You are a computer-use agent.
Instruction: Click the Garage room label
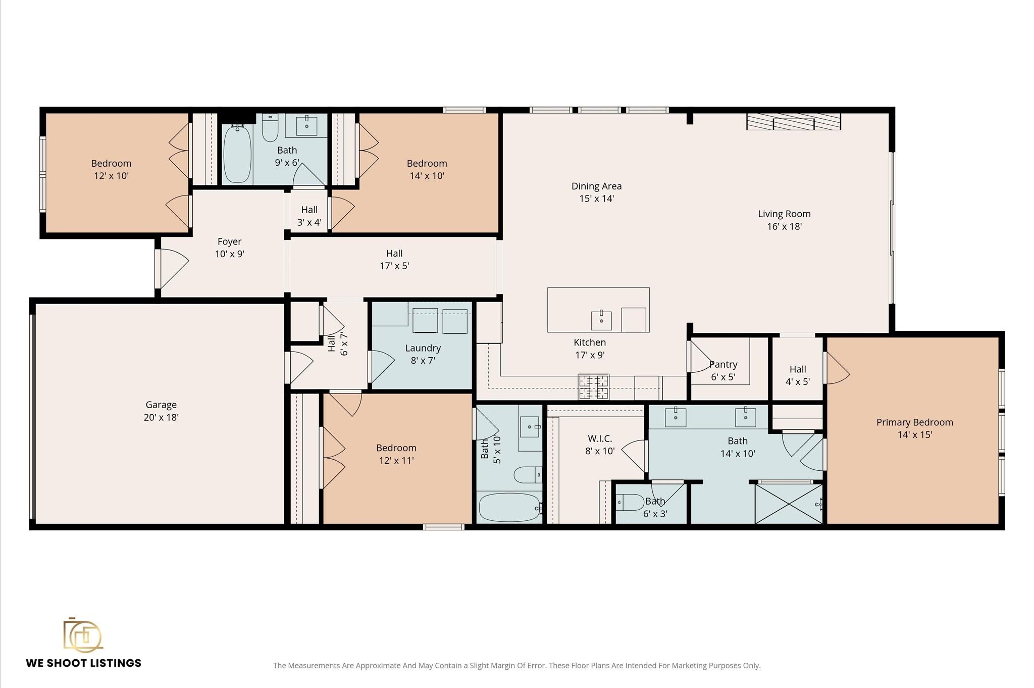tap(161, 405)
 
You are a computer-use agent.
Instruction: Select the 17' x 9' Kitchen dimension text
tap(590, 355)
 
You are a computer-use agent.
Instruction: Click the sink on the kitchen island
tap(601, 320)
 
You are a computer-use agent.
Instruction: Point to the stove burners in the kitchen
tap(593, 386)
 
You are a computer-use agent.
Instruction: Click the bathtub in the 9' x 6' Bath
tap(237, 155)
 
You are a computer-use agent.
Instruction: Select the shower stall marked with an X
tap(788, 504)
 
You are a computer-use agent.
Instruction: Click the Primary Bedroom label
tap(914, 422)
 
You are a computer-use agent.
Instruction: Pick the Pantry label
tap(723, 364)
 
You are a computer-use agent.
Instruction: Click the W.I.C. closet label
tap(600, 438)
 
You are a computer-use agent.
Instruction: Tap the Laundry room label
tap(423, 348)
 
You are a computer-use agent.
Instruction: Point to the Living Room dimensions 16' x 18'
tap(784, 227)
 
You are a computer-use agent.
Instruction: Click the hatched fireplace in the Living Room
tap(793, 122)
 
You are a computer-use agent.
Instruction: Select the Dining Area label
tap(596, 186)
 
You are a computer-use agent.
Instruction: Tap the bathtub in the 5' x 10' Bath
tap(509, 507)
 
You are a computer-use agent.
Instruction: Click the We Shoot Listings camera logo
tap(82, 635)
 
